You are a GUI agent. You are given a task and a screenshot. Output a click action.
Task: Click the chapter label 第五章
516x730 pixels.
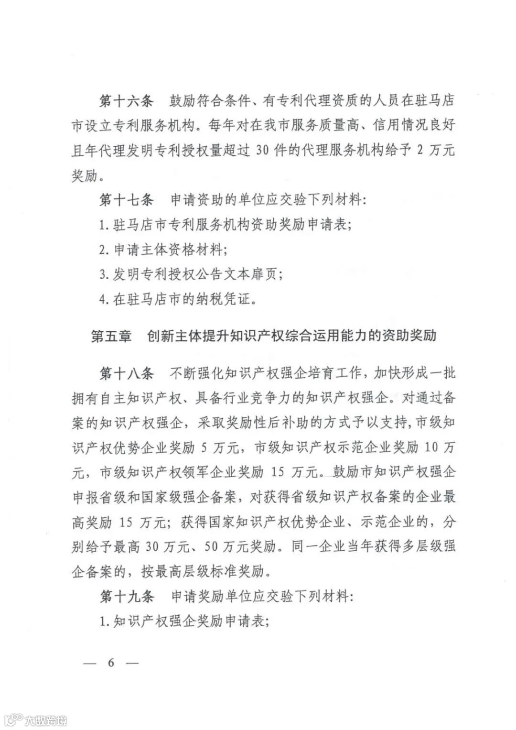tap(111, 336)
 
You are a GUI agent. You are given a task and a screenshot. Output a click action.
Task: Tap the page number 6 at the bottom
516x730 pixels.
tap(111, 663)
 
